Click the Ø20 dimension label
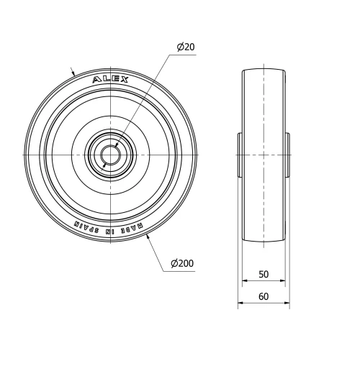pyautogui.click(x=186, y=47)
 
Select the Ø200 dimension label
pyautogui.click(x=182, y=264)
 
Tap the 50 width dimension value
pyautogui.click(x=264, y=275)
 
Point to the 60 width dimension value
pyautogui.click(x=264, y=296)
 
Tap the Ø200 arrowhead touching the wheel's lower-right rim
pyautogui.click(x=148, y=239)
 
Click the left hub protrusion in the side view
pyautogui.click(x=240, y=155)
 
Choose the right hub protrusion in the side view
pyautogui.click(x=287, y=155)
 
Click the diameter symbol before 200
pyautogui.click(x=174, y=264)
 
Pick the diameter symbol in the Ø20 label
pyautogui.click(x=180, y=47)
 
